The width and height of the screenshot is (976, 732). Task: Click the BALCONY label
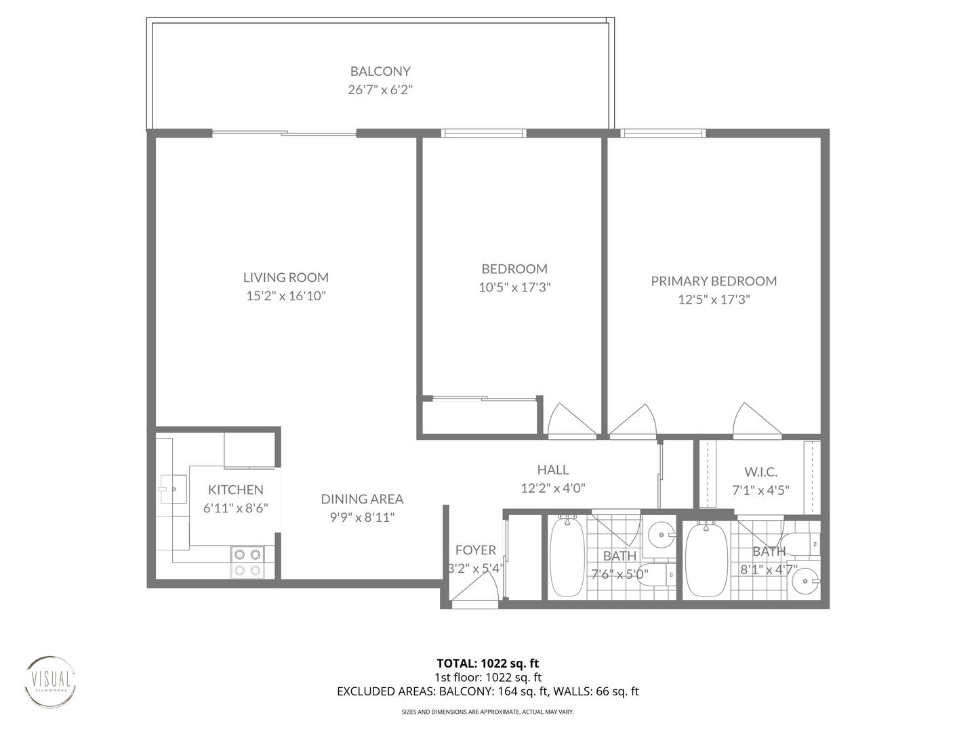pos(380,71)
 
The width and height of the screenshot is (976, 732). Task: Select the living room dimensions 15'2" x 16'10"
pos(286,296)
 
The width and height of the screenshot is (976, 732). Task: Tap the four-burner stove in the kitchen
pos(247,563)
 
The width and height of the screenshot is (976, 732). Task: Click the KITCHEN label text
pos(235,489)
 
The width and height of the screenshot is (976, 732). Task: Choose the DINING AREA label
pos(362,499)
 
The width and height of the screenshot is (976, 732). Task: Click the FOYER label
pos(475,550)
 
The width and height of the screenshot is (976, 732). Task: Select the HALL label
pos(552,469)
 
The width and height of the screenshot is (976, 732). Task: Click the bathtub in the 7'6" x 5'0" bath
pos(566,557)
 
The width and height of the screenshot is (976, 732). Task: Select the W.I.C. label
pos(760,472)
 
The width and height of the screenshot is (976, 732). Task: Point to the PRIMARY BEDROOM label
pos(714,281)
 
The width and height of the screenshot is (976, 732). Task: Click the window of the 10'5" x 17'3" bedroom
pos(483,133)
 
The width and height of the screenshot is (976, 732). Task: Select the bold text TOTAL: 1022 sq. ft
pos(487,663)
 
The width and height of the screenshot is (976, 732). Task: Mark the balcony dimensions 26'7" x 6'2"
pos(380,89)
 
